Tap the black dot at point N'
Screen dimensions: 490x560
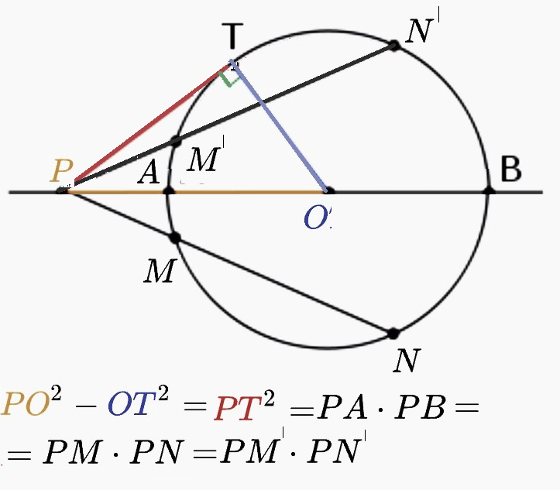click(394, 46)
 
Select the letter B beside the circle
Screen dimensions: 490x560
click(510, 170)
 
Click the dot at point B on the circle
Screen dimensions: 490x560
click(488, 190)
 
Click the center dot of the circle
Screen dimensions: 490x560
click(328, 190)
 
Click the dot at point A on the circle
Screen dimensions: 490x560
click(168, 190)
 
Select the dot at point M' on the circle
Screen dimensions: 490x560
click(176, 142)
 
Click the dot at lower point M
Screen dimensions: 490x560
click(174, 238)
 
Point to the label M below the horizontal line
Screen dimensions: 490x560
click(158, 271)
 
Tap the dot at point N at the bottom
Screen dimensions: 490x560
click(393, 334)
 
